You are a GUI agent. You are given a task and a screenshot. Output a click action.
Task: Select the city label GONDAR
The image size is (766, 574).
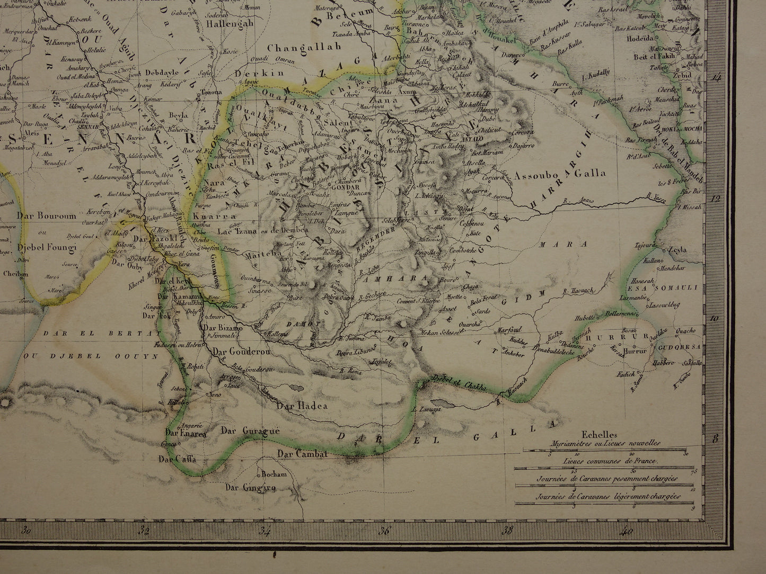coord(346,187)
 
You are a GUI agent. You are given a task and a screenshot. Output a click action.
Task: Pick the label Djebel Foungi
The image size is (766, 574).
coord(47,247)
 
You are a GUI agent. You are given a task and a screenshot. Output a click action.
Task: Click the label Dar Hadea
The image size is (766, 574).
coord(302,406)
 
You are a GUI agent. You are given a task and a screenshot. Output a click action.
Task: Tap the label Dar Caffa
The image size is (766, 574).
coord(181,459)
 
